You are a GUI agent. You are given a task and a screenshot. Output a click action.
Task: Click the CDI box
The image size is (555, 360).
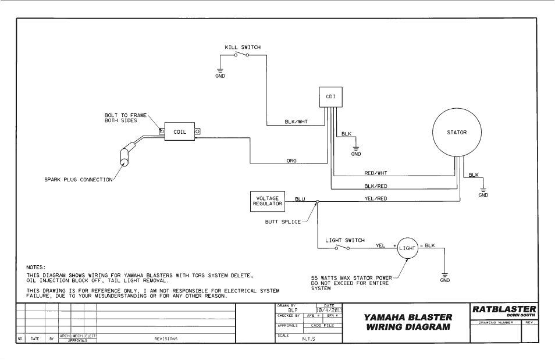tap(330, 97)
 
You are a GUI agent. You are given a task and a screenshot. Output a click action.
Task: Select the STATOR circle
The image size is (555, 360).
tap(457, 133)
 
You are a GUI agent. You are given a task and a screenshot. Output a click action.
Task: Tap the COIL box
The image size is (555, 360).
tap(180, 132)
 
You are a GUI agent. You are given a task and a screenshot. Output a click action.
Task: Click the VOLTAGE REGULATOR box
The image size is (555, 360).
tap(268, 201)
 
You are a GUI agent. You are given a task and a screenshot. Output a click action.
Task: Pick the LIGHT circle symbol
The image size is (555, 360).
tap(407, 248)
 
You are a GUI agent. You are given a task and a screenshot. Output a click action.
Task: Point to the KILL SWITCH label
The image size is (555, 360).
tap(243, 47)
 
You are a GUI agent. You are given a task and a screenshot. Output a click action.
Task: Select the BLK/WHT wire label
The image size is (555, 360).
tap(296, 122)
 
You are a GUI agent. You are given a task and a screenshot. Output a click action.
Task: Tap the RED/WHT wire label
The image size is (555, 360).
tap(375, 173)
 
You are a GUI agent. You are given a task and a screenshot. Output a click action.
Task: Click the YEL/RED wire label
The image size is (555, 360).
tap(375, 199)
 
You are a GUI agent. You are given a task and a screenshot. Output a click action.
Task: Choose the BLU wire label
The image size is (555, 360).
tap(300, 199)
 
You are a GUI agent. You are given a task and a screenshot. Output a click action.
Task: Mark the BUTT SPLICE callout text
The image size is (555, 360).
tap(282, 222)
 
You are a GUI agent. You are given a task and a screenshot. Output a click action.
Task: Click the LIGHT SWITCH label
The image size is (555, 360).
tap(345, 240)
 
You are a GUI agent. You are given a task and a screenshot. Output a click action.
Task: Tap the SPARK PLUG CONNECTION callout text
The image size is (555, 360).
tap(79, 180)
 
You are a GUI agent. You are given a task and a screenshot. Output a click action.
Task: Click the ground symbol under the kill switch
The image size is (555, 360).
tap(220, 72)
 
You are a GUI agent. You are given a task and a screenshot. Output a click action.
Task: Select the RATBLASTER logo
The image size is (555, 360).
tap(504, 310)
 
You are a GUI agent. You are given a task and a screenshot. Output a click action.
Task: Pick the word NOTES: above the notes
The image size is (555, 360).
tap(35, 267)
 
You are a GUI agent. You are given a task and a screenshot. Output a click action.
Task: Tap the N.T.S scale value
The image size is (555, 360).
tap(308, 338)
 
